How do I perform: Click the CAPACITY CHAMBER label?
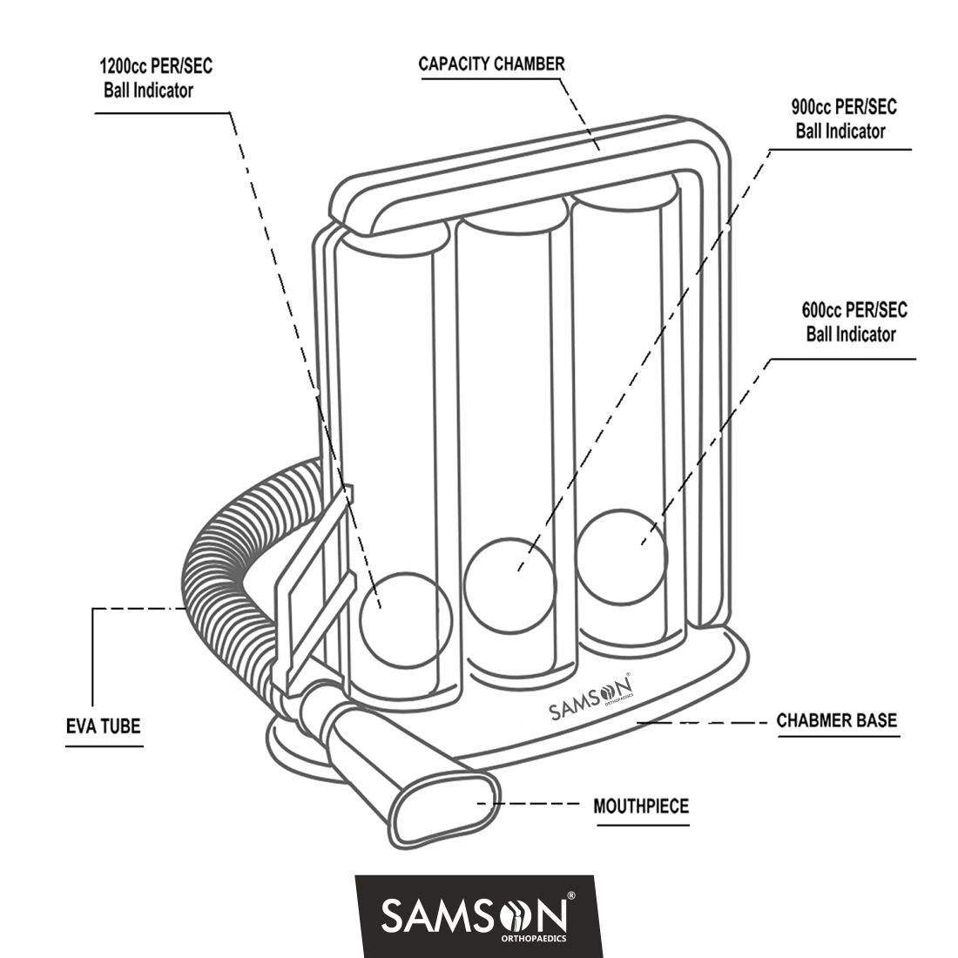pyautogui.click(x=491, y=64)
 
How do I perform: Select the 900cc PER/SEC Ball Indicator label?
pyautogui.click(x=843, y=119)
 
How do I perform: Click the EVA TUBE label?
pyautogui.click(x=103, y=725)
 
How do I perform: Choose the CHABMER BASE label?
pyautogui.click(x=836, y=721)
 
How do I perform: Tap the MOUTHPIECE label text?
pyautogui.click(x=640, y=806)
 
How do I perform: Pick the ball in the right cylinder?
pyautogui.click(x=621, y=557)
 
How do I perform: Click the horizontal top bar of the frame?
pyautogui.click(x=523, y=170)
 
